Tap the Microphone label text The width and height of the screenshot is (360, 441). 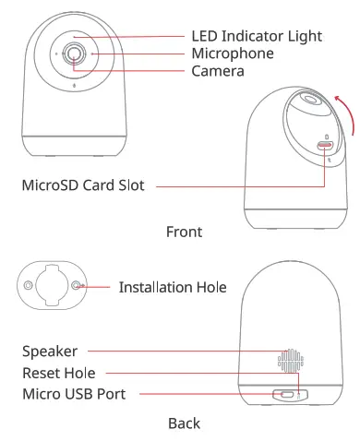coord(233,54)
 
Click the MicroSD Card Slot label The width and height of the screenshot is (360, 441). coord(83,185)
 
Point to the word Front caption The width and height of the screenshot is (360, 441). coord(184,232)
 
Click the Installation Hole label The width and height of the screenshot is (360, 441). coord(173,288)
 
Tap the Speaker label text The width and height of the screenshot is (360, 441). coord(50,351)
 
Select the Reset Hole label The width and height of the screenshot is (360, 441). coord(58,373)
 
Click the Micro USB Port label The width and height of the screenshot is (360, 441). coord(73,395)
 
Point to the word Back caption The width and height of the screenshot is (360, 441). coord(184,423)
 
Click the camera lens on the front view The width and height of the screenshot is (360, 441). coord(75,54)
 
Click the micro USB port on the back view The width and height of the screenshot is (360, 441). coord(288,395)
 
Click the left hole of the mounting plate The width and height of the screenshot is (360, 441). coord(30,287)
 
